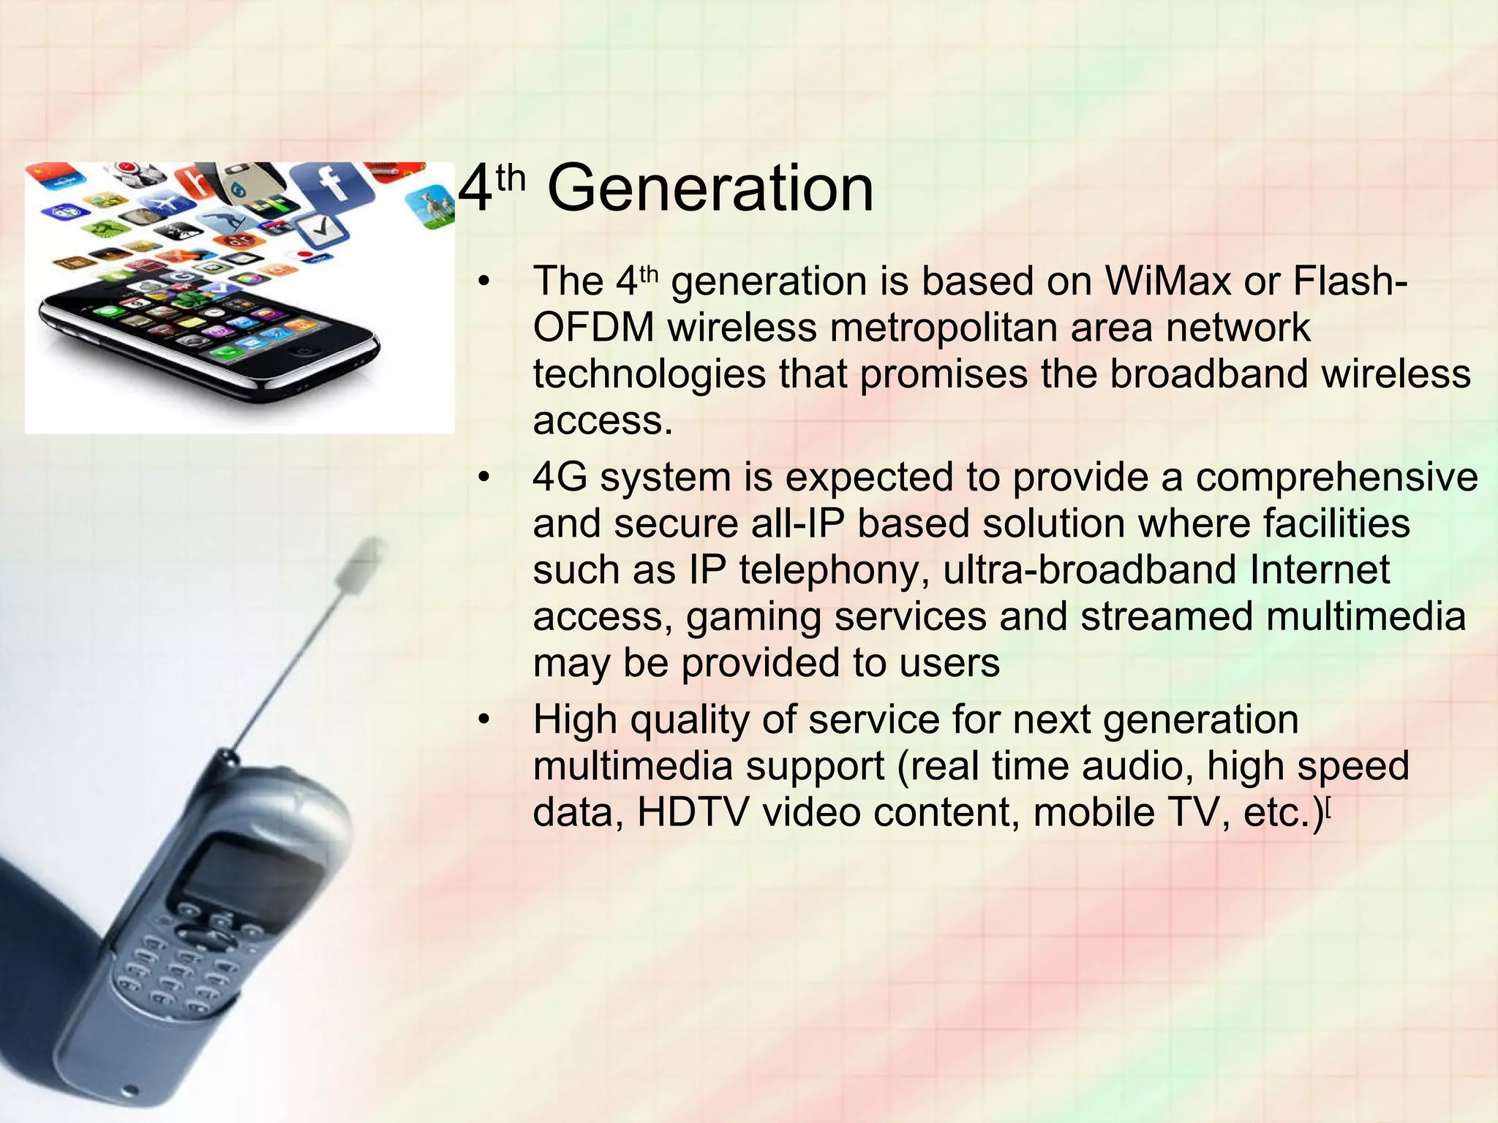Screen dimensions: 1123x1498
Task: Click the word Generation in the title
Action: pos(710,189)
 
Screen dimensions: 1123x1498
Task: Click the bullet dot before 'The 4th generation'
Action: pos(483,282)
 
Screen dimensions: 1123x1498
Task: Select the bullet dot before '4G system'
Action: pos(483,478)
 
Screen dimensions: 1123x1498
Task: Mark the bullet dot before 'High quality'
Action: pos(483,720)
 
